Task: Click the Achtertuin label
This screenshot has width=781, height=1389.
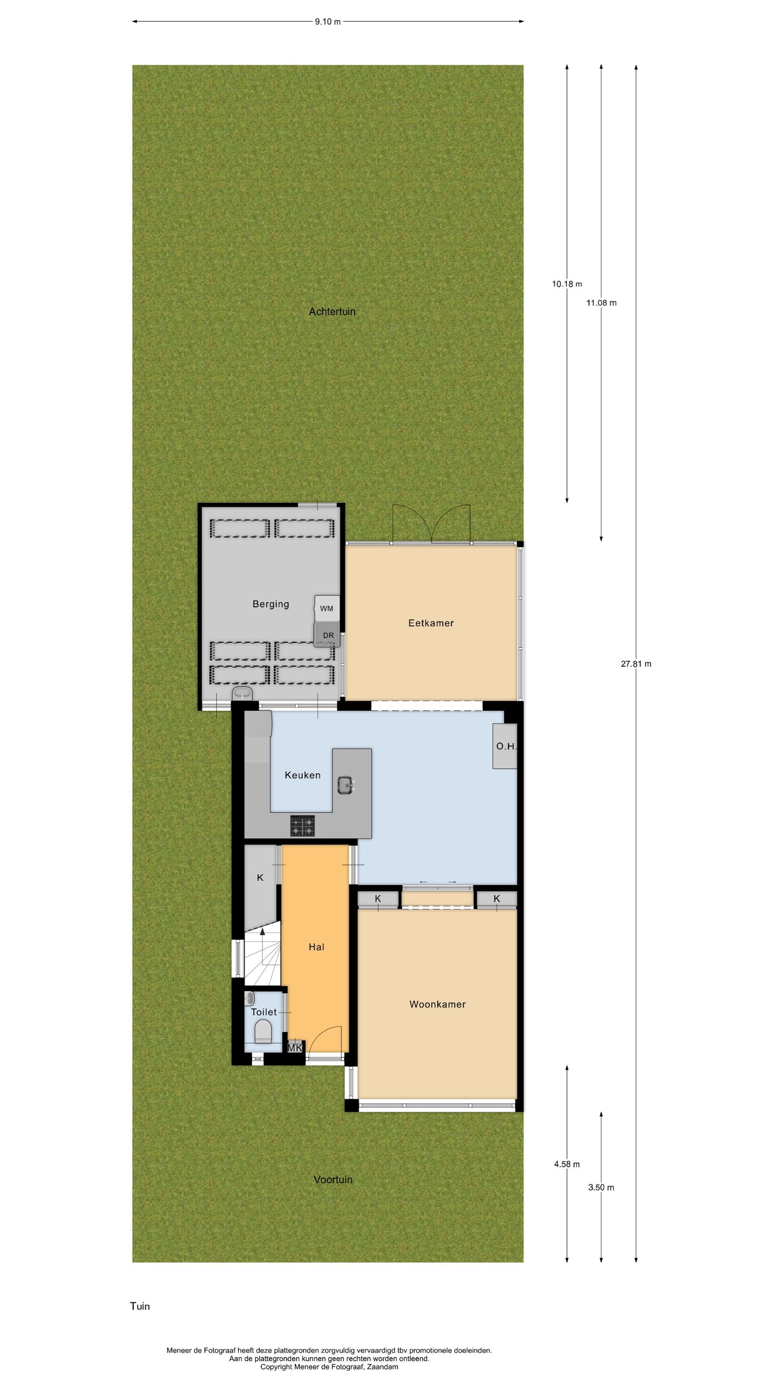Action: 332,312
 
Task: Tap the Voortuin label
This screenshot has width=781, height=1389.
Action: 333,1180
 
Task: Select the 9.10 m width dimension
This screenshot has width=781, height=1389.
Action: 328,22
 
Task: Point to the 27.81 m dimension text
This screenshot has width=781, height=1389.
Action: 636,664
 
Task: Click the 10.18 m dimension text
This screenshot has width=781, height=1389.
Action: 567,284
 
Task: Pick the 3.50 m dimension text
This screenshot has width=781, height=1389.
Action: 601,1187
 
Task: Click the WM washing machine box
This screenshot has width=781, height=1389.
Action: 327,609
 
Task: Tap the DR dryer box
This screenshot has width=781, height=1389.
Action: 328,635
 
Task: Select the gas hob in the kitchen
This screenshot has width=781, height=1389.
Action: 303,826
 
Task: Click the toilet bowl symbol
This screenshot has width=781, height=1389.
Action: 263,1032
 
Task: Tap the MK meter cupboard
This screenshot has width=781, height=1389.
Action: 295,1048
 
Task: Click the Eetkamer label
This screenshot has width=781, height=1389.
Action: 431,623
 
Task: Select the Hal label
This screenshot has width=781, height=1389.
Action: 316,947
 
